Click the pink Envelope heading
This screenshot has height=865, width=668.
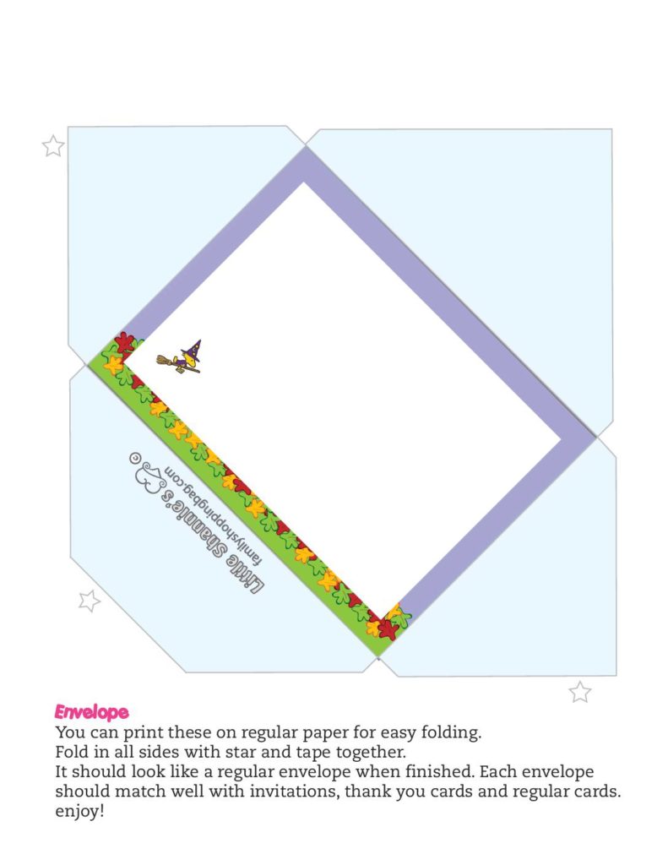(91, 712)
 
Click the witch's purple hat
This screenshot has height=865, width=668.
(193, 348)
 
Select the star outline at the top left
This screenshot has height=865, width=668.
(53, 146)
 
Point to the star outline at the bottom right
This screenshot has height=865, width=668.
(579, 692)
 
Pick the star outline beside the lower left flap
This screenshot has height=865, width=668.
(89, 601)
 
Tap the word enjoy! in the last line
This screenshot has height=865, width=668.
(79, 811)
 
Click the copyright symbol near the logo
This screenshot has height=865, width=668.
(133, 457)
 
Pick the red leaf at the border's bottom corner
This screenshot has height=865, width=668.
(388, 628)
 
